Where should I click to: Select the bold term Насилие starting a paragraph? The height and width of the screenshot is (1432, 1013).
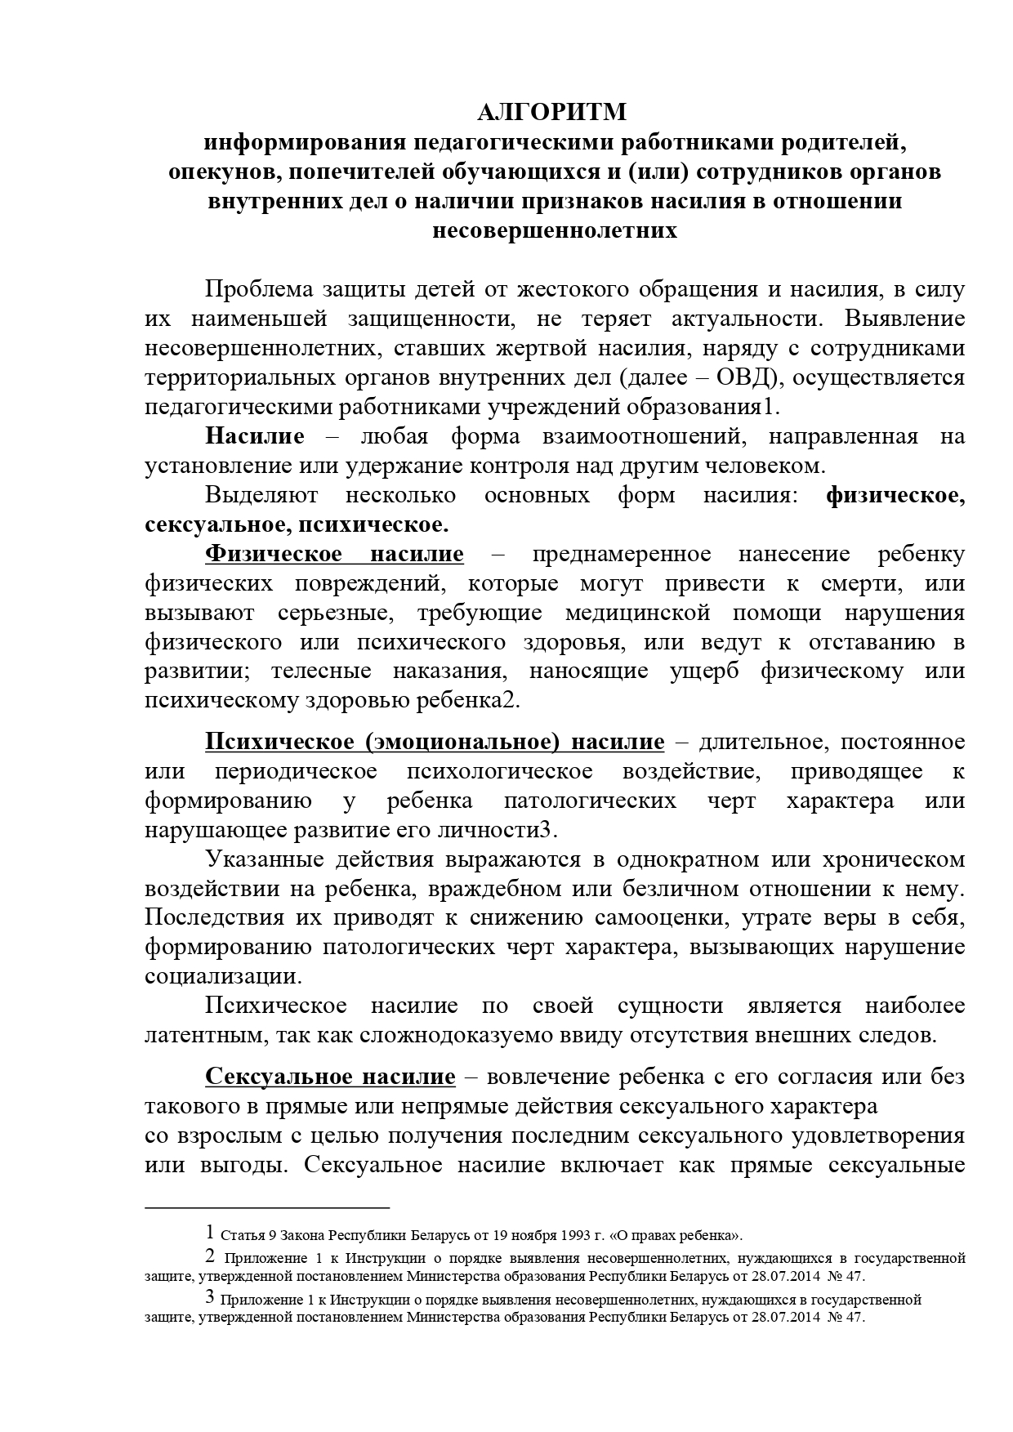255,436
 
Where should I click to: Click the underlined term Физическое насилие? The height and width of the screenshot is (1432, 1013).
334,554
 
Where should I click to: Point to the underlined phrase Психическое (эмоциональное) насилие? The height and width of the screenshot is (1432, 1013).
435,742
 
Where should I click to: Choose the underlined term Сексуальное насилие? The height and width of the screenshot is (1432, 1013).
330,1077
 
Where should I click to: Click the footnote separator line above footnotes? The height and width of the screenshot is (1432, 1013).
267,1207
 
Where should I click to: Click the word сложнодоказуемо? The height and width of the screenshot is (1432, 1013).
373,1036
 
